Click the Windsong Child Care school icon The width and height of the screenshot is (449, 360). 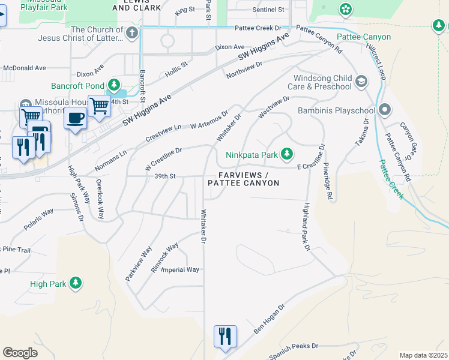(x=361, y=81)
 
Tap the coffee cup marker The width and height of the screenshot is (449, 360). (x=75, y=118)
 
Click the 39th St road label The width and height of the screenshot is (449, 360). (x=164, y=176)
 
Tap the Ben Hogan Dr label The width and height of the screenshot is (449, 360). (x=268, y=318)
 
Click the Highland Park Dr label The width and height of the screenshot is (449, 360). (x=306, y=226)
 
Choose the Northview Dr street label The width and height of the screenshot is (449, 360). (x=245, y=70)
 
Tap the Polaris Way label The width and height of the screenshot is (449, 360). (x=39, y=220)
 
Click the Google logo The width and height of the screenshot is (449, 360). (x=20, y=353)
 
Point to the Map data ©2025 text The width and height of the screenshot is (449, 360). (x=423, y=355)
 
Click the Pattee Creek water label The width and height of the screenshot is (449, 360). (x=391, y=180)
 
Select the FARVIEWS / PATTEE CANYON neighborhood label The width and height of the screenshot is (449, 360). (x=244, y=178)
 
